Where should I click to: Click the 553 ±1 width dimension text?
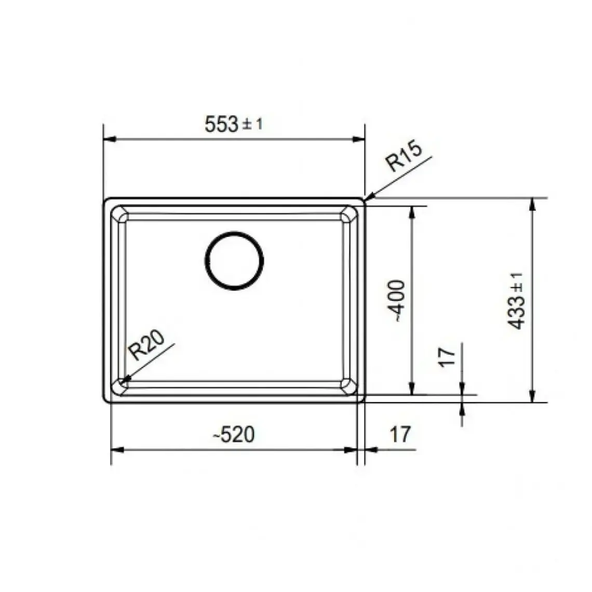click(x=233, y=124)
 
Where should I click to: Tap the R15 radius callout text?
click(x=403, y=156)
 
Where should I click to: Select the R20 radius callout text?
click(x=146, y=345)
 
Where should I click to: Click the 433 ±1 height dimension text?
click(x=516, y=301)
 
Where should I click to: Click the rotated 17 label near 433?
click(x=447, y=356)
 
